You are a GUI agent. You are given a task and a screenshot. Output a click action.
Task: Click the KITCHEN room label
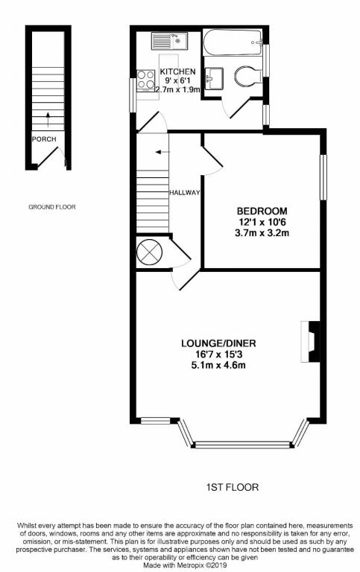pyautogui.click(x=178, y=72)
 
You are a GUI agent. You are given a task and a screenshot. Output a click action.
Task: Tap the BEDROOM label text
pyautogui.click(x=262, y=211)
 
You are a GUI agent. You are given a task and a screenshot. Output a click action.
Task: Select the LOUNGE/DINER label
pyautogui.click(x=218, y=343)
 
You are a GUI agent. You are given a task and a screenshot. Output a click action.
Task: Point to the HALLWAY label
pyautogui.click(x=185, y=193)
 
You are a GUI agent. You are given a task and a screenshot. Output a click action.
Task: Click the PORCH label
pyautogui.click(x=40, y=139)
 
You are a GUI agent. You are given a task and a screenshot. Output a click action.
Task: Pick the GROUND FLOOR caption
pyautogui.click(x=51, y=207)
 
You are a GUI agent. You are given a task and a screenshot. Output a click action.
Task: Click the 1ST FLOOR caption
pyautogui.click(x=233, y=488)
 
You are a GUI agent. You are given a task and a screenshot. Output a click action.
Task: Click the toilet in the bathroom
pyautogui.click(x=246, y=75)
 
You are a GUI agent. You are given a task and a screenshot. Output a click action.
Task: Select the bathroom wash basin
pyautogui.click(x=215, y=77)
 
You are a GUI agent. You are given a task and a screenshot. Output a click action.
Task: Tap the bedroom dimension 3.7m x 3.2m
pyautogui.click(x=262, y=233)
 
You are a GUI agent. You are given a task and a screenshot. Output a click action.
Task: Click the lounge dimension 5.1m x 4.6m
pyautogui.click(x=218, y=365)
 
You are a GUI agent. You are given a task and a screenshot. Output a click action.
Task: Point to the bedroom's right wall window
pyautogui.click(x=323, y=177)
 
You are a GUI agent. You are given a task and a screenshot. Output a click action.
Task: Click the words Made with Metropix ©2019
pyautogui.click(x=180, y=565)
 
